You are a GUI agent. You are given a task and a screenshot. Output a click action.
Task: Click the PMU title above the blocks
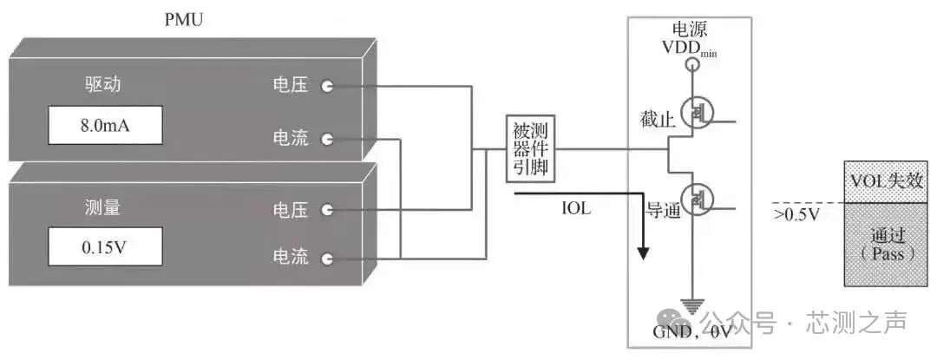click(183, 19)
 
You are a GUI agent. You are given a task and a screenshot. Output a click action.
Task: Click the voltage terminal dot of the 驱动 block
click(327, 86)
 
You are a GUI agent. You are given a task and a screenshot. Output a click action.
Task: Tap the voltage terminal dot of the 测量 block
click(327, 209)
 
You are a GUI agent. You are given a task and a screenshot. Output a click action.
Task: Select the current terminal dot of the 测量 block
click(327, 258)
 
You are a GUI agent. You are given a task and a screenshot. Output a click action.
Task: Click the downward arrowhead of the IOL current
click(643, 252)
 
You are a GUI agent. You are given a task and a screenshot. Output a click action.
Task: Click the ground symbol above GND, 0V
click(691, 304)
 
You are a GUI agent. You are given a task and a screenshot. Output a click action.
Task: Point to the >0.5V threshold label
click(796, 213)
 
